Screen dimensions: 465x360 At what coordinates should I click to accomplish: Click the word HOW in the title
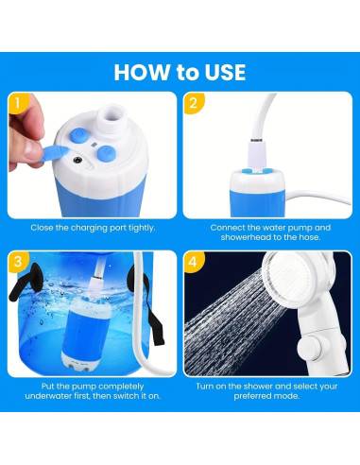click(x=143, y=72)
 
